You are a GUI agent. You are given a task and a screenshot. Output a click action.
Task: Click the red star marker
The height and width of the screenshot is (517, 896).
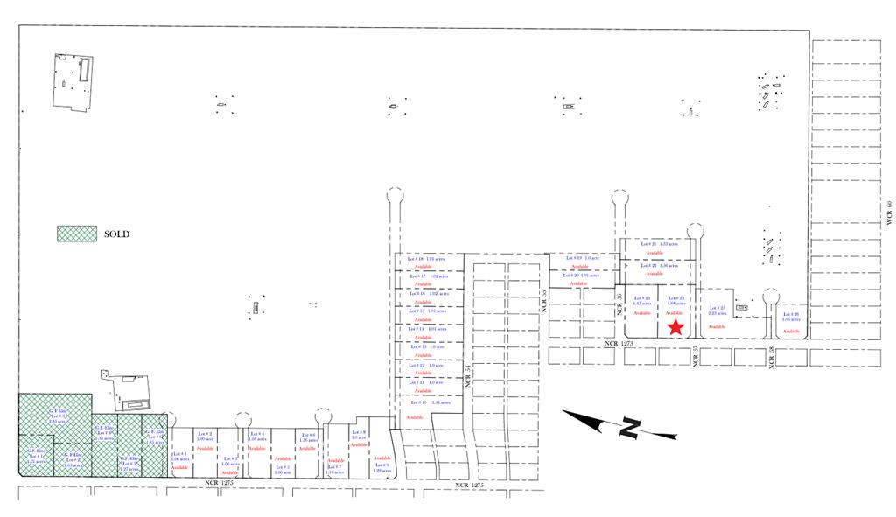675,327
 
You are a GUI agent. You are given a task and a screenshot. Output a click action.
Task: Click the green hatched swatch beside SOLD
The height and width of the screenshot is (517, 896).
76,234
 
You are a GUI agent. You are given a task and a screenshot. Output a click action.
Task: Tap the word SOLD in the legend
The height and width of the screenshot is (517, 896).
116,234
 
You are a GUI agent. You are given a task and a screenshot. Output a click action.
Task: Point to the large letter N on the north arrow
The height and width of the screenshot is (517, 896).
628,427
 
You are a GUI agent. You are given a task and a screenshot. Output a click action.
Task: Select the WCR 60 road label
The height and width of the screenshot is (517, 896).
888,214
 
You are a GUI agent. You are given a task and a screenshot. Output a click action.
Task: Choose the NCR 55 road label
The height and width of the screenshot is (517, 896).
543,301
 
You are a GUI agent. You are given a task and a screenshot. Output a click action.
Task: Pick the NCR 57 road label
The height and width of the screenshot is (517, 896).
696,356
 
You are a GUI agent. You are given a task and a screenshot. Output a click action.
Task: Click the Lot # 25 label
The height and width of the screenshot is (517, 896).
717,308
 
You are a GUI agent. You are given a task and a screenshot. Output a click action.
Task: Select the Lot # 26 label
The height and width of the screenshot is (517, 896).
790,315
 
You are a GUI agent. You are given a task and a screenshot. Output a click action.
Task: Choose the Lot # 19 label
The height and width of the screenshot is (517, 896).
573,258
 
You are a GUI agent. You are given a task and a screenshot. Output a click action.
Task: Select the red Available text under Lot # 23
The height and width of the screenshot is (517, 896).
641,312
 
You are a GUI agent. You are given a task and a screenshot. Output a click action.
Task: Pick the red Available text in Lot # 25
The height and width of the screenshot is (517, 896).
717,326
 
